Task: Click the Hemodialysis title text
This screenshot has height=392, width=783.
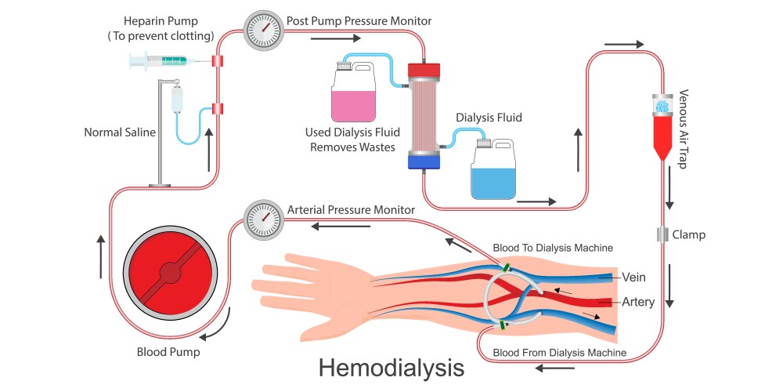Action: pos(391,368)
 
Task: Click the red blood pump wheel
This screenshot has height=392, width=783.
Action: pos(169,272)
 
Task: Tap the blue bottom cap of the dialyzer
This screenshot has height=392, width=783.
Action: pos(424,162)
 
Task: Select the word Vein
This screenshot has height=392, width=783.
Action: pos(633,278)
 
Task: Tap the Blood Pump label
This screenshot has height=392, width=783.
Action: pos(168,353)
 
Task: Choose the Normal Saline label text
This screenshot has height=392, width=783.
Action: pos(120,132)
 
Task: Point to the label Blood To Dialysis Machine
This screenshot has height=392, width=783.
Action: pos(553,248)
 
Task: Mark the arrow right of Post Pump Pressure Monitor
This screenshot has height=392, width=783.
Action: pos(334,37)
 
